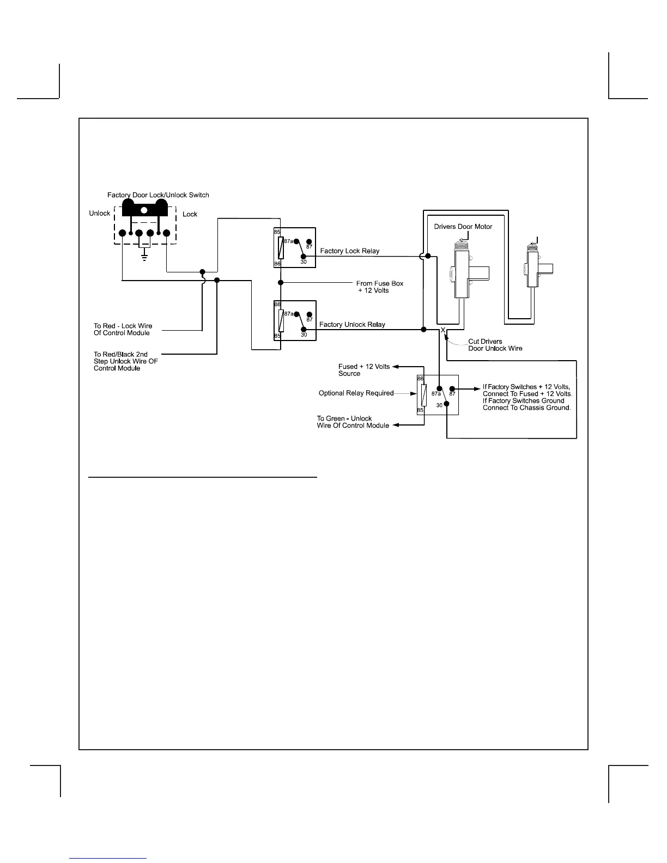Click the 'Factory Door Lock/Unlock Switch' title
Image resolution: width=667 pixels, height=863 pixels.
click(x=158, y=195)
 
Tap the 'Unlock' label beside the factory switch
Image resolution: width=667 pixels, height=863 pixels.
click(x=100, y=214)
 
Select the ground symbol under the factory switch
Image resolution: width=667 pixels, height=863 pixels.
click(x=144, y=258)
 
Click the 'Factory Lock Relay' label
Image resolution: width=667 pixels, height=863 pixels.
click(x=349, y=251)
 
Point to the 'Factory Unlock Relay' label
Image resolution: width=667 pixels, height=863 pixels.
click(x=352, y=325)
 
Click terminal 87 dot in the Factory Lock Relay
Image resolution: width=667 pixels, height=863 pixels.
click(x=309, y=241)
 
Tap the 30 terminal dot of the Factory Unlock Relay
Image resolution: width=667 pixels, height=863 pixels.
click(x=304, y=329)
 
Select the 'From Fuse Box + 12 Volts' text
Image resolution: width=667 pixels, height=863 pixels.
click(x=380, y=287)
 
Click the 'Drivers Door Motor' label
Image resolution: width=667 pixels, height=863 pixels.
click(x=463, y=227)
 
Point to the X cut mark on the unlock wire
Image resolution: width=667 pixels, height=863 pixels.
click(x=443, y=330)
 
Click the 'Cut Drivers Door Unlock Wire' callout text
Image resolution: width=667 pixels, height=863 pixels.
click(x=495, y=345)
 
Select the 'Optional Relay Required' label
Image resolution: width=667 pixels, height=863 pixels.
click(x=356, y=393)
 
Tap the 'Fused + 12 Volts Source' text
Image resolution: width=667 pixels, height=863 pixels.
click(x=363, y=370)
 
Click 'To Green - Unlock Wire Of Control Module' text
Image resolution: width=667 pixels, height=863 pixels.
click(x=353, y=422)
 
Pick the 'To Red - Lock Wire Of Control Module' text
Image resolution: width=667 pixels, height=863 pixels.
click(x=123, y=330)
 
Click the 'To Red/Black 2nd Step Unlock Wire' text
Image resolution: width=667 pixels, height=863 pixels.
click(x=125, y=361)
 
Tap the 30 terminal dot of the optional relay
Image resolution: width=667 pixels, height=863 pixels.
click(x=446, y=404)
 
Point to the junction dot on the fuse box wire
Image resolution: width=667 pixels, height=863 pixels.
click(x=281, y=283)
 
